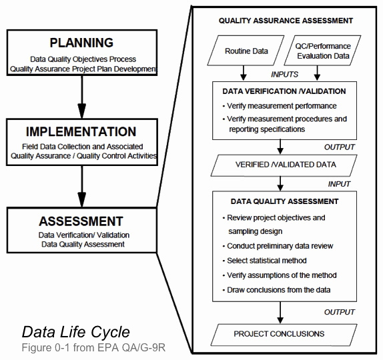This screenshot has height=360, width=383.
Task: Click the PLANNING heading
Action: point(81,43)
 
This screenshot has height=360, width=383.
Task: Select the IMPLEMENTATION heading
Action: point(81,131)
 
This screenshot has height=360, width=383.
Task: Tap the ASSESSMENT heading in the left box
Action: point(81,221)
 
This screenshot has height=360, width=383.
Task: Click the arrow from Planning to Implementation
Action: point(82,97)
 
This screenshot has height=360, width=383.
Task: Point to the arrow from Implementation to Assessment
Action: point(82,187)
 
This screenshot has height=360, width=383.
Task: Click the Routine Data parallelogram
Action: point(246,51)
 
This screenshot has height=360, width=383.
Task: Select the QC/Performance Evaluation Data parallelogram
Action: point(322,51)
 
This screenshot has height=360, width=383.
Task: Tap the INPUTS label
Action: point(284,74)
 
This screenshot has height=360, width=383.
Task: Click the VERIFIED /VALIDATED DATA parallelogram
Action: point(284,165)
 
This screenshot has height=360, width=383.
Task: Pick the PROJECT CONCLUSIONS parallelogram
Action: point(284,335)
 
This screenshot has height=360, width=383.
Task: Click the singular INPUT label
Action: point(339,184)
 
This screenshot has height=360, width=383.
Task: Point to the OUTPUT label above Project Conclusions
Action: point(339,312)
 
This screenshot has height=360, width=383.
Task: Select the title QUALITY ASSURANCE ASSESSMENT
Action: point(286,21)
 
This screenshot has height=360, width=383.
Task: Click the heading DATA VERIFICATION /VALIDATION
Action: point(284,91)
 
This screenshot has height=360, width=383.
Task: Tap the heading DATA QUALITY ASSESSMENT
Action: point(284,201)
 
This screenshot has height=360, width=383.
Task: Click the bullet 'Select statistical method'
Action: point(264,261)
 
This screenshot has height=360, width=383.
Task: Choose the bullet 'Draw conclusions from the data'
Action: point(276,290)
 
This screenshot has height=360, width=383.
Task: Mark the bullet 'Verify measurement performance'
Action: point(280,106)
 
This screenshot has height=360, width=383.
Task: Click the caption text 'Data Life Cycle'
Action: point(76,333)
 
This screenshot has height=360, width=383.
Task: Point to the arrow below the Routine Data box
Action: point(244,73)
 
